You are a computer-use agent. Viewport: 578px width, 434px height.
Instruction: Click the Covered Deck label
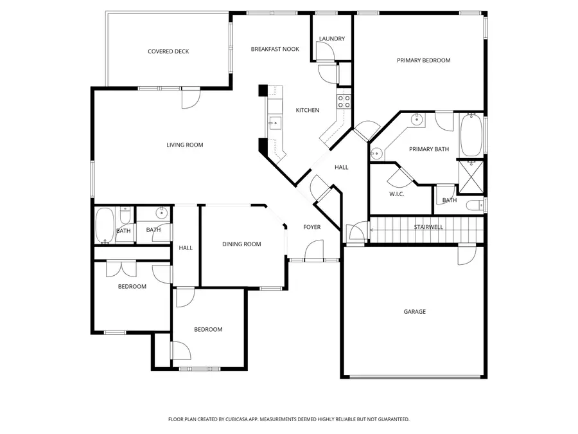coord(168,51)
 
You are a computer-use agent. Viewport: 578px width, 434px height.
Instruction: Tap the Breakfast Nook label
coord(275,49)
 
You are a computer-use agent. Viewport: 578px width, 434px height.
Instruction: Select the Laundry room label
coord(332,39)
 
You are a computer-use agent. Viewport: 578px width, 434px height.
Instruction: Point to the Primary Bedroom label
coord(423,60)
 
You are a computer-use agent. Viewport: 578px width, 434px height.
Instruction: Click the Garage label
coord(414,312)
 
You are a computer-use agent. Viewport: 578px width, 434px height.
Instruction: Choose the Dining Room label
coord(241,244)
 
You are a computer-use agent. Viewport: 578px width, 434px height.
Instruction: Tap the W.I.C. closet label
coord(396,194)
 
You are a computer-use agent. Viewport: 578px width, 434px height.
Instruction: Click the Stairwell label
coord(428,227)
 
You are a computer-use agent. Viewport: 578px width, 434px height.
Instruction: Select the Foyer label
coord(311,227)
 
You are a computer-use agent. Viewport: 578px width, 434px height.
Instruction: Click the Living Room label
coord(185,145)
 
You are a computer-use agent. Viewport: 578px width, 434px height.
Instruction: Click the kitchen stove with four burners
coord(344,101)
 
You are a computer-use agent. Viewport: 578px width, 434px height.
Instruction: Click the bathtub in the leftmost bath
coord(104,226)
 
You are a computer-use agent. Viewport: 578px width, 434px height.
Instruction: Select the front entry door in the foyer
coord(314,251)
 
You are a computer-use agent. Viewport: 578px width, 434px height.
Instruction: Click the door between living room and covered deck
coord(191,97)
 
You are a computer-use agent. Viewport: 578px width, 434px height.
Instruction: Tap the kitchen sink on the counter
coord(274,122)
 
